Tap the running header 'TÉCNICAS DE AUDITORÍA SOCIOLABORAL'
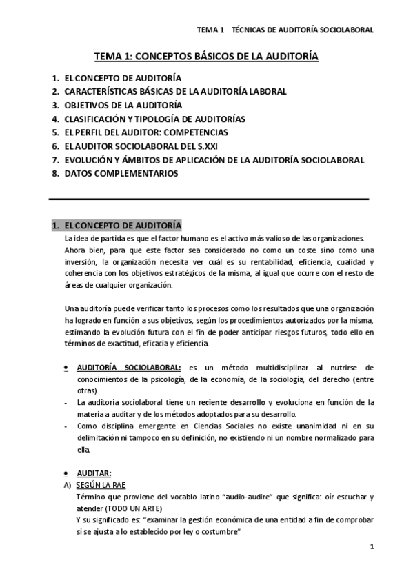(303, 30)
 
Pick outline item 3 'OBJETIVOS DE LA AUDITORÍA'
(123, 105)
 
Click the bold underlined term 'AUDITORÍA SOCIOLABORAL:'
(129, 368)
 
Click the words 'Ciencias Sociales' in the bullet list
(221, 426)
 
